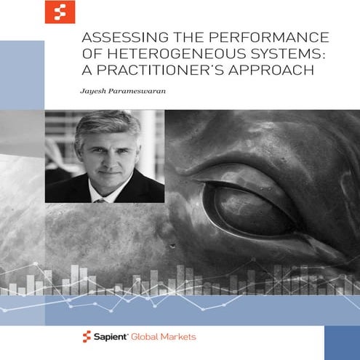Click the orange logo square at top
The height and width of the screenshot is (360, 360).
(x=60, y=12)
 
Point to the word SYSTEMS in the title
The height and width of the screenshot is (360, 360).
(x=278, y=57)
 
